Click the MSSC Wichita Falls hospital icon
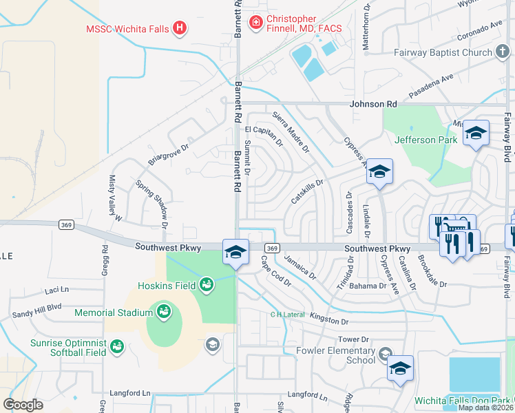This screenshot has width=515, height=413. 179,28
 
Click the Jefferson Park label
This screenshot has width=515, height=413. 425,140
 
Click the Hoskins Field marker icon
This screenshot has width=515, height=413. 206,284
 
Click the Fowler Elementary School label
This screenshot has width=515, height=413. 335,354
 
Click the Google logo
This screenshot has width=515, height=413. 23,404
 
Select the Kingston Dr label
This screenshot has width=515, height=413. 330,321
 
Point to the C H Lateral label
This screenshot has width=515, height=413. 287,315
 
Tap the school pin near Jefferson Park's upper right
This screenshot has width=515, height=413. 476,134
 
